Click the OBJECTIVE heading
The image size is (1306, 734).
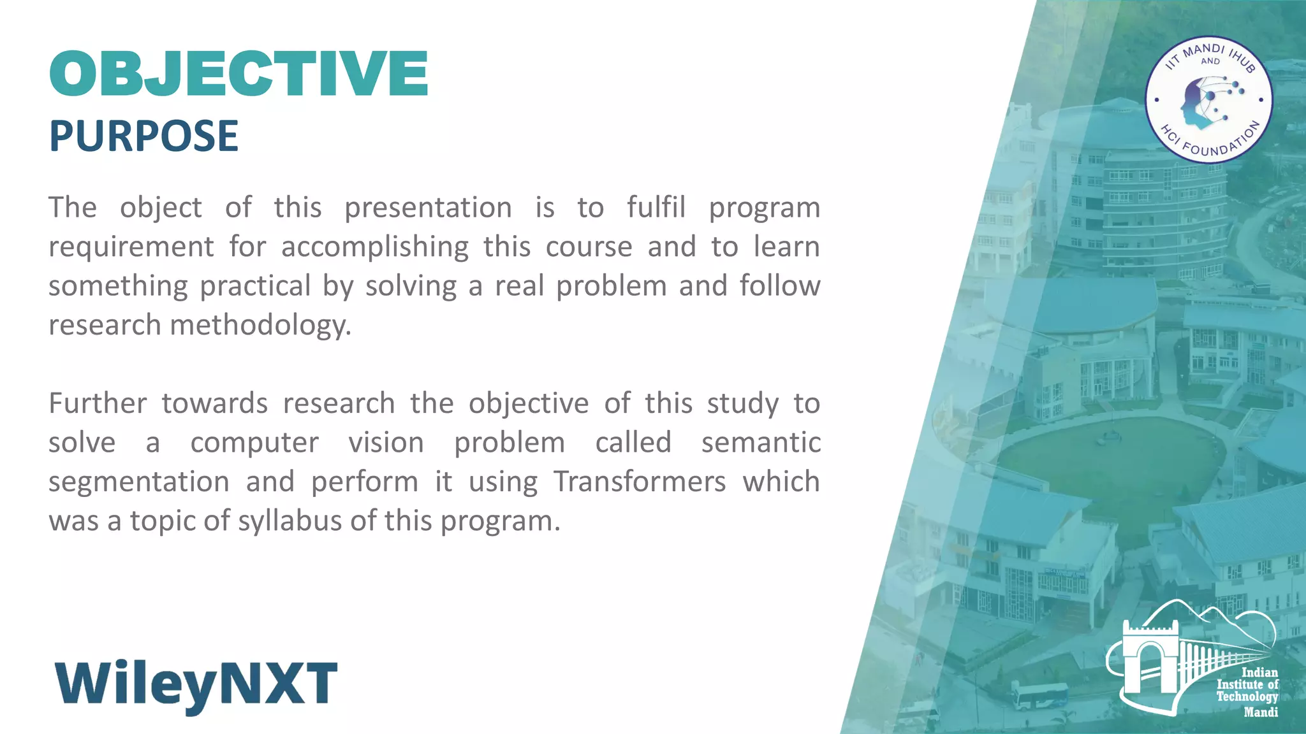click(239, 74)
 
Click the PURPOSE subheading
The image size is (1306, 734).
click(143, 136)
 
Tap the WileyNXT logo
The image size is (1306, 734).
click(196, 686)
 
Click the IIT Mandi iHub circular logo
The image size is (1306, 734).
click(1208, 100)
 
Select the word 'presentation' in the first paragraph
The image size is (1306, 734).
click(428, 208)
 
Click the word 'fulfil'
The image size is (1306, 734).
click(656, 208)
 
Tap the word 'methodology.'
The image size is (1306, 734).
click(260, 326)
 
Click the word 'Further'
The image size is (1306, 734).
click(98, 404)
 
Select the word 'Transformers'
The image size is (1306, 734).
click(639, 482)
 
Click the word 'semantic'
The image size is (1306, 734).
click(760, 443)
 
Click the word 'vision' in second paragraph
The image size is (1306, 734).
click(386, 443)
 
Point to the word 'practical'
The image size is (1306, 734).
click(255, 286)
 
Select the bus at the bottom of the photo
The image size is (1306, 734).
click(1039, 696)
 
